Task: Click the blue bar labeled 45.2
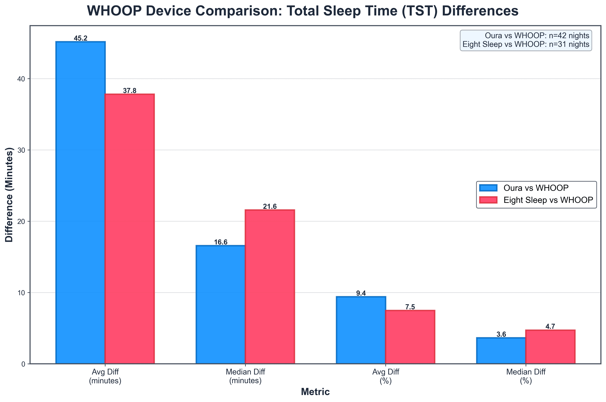point(80,203)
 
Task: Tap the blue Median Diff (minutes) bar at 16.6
point(220,304)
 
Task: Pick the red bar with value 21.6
point(270,287)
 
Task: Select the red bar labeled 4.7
point(550,347)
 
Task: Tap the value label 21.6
point(270,207)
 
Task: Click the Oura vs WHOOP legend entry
point(536,188)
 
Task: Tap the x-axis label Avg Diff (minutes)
point(105,376)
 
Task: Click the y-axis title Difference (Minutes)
point(9,195)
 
